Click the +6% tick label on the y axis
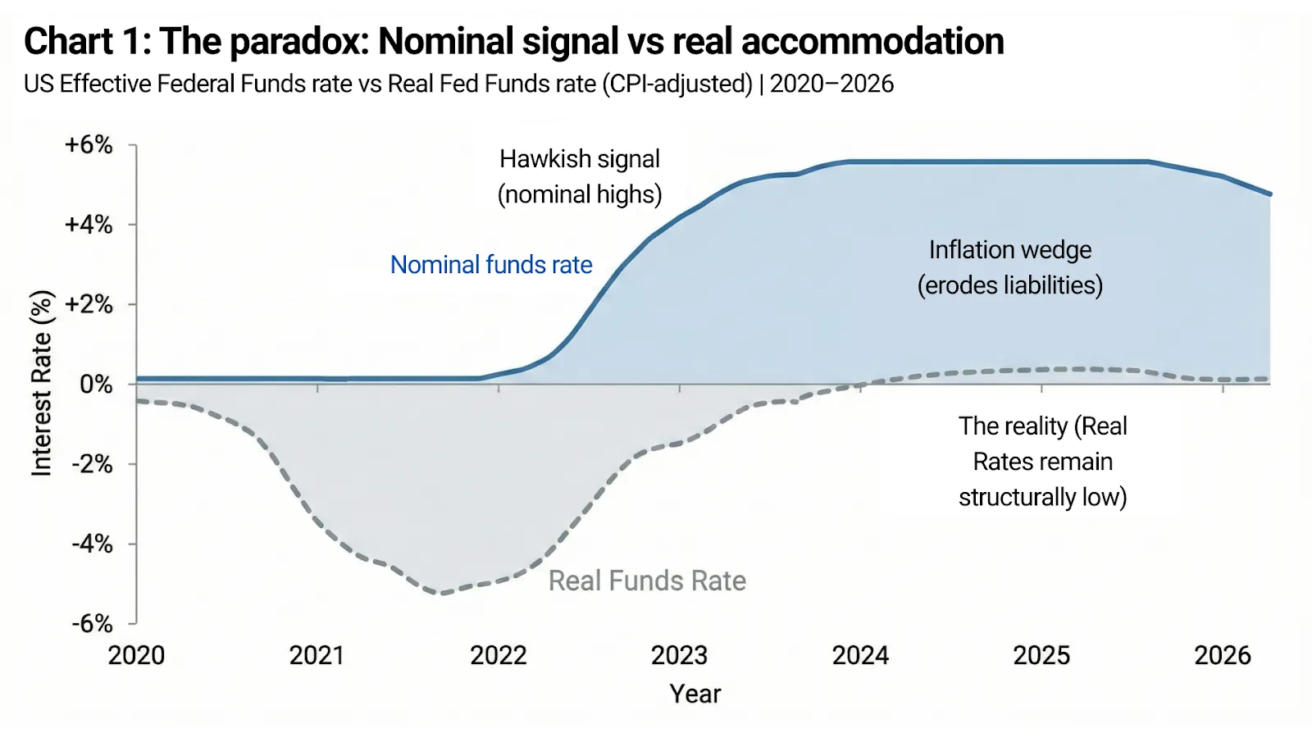[89, 145]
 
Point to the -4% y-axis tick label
[92, 544]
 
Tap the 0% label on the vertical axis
[97, 385]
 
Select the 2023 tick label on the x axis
[679, 655]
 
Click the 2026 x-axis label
[1222, 655]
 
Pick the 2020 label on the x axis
[137, 655]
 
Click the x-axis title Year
[695, 694]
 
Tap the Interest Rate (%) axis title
[41, 383]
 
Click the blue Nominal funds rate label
[491, 265]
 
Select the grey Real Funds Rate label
[647, 581]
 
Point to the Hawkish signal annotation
[580, 159]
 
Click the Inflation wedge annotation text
[1009, 250]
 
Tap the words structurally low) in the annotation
[1042, 497]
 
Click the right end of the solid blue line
[1269, 194]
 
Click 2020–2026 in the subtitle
[831, 84]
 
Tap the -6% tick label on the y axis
[92, 624]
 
